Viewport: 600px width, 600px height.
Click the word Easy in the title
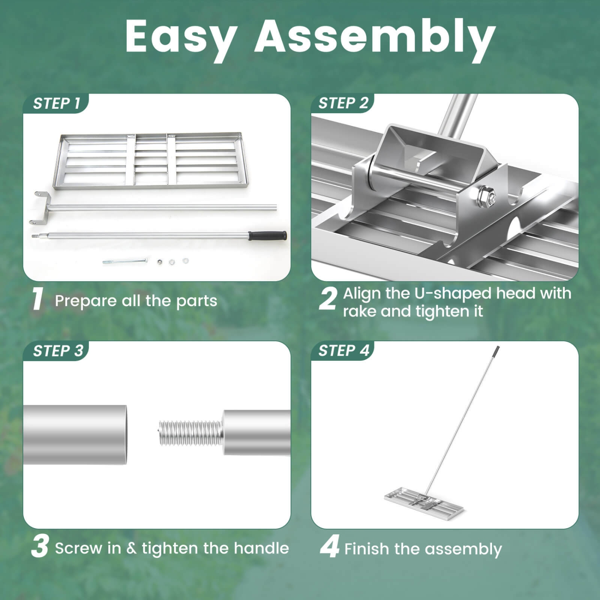[x=181, y=37]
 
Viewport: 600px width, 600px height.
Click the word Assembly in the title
[x=375, y=37]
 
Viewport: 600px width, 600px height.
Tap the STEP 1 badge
[x=56, y=104]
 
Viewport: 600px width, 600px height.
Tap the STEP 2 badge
[x=343, y=103]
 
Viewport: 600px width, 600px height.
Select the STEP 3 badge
[x=58, y=351]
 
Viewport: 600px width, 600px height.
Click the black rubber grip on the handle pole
[x=268, y=235]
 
